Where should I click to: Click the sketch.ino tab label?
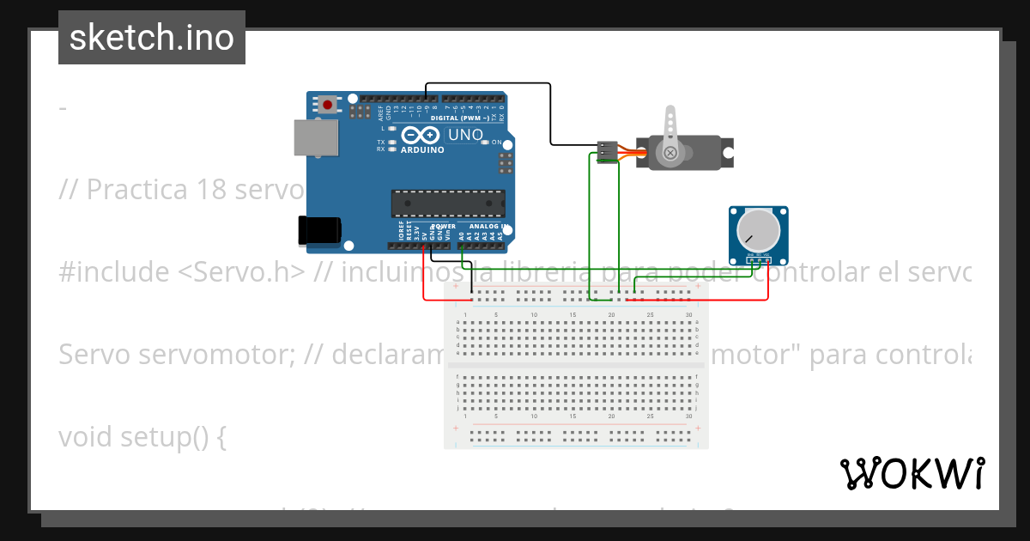coord(152,38)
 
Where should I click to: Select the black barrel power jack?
coord(318,229)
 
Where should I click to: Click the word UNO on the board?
coord(464,135)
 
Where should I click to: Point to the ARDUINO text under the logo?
coord(422,150)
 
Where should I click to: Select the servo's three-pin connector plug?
coord(608,152)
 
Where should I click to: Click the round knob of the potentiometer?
coord(754,228)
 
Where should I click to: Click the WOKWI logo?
coord(912,473)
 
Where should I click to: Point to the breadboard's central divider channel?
coord(576,365)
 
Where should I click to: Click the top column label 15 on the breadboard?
coord(573,315)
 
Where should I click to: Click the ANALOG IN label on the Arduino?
coord(489,227)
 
